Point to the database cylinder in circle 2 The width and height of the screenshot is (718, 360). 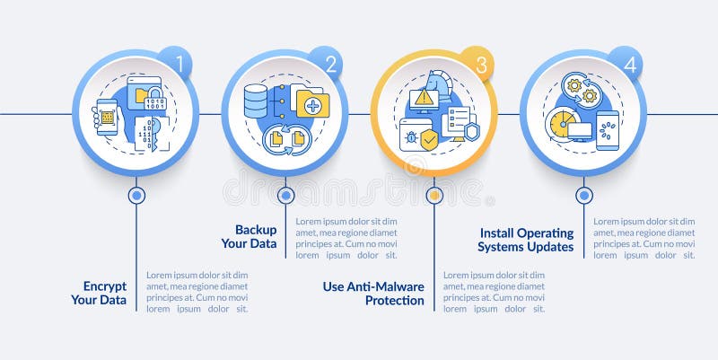pyautogui.click(x=256, y=101)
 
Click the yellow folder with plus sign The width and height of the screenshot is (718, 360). pyautogui.click(x=312, y=105)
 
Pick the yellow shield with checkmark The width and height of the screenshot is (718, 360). pyautogui.click(x=429, y=140)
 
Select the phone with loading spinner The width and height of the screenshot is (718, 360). pyautogui.click(x=608, y=128)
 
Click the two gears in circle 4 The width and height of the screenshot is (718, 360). pyautogui.click(x=581, y=91)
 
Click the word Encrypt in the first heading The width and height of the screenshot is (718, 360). pyautogui.click(x=104, y=286)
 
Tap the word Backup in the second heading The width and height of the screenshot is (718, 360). pyautogui.click(x=256, y=229)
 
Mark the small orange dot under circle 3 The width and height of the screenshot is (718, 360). pyautogui.click(x=434, y=194)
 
